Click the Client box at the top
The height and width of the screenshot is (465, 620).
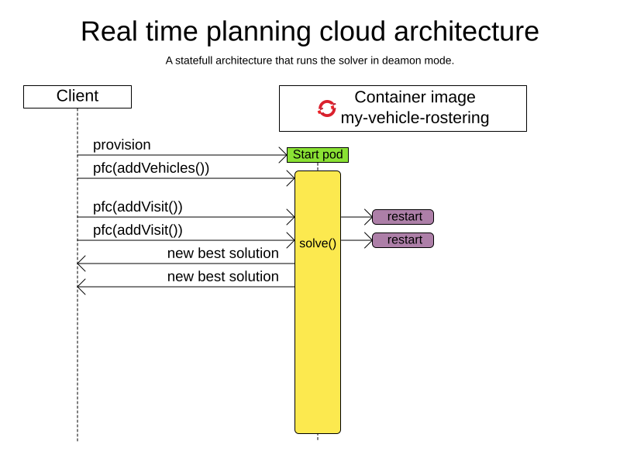pos(77,97)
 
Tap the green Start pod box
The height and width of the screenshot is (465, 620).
pos(318,155)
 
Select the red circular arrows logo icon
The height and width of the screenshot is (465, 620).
pos(327,108)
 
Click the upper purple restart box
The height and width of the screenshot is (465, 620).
pos(403,217)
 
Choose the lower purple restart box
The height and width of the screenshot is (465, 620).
pos(403,240)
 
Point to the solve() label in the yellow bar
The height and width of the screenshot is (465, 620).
pos(318,243)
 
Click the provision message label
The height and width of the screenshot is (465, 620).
pos(122,145)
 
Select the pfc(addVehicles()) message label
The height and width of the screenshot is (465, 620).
pos(151,168)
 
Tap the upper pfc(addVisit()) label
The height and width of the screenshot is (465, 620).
pos(138,207)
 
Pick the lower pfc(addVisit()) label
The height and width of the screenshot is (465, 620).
pos(138,230)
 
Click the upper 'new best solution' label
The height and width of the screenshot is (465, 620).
pos(223,253)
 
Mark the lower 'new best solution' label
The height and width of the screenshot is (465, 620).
pos(223,277)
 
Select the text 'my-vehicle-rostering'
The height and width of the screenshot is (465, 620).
pos(415,118)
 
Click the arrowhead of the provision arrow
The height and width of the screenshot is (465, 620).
pos(284,155)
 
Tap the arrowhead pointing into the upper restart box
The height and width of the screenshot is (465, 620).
pos(369,217)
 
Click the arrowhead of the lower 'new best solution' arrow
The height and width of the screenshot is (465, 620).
pos(81,287)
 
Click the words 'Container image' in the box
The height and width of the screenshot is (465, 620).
pos(415,98)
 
